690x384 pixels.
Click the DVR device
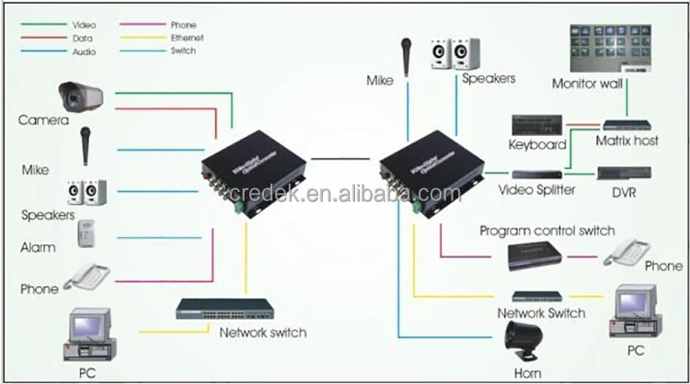[625, 173]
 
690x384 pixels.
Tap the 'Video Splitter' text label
[536, 190]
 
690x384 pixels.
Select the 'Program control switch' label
[547, 231]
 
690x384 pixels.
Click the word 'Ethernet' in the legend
[187, 39]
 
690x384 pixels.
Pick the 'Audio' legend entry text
[83, 52]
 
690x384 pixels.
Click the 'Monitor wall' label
[588, 83]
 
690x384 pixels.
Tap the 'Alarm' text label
[38, 247]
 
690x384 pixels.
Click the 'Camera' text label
[43, 120]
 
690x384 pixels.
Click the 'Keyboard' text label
[538, 145]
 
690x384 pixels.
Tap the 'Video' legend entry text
[83, 25]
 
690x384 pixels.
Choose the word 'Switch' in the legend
[184, 52]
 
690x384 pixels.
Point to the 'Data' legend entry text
[82, 39]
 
